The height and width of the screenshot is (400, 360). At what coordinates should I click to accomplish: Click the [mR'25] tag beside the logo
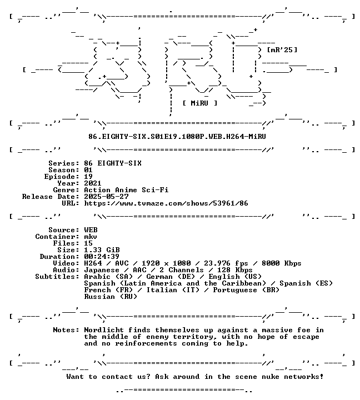[282, 50]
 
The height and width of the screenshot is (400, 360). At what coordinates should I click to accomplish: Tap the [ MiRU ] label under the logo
[200, 103]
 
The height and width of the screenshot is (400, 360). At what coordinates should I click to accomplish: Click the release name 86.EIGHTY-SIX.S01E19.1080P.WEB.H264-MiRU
[177, 137]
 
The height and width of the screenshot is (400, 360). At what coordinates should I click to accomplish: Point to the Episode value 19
[88, 177]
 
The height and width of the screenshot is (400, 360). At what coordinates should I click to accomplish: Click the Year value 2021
[93, 183]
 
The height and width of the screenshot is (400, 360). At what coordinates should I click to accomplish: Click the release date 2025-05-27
[107, 197]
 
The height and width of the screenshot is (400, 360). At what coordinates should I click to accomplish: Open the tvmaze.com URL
[166, 203]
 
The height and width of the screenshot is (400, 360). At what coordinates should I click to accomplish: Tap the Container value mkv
[91, 237]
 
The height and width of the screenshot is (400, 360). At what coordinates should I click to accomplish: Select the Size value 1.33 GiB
[102, 250]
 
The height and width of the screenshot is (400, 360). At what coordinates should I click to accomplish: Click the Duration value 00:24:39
[102, 257]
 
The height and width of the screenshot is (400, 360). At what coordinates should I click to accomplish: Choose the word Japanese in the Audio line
[102, 270]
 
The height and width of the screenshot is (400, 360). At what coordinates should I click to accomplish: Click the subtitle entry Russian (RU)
[111, 297]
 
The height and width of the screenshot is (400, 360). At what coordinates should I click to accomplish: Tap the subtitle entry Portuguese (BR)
[246, 290]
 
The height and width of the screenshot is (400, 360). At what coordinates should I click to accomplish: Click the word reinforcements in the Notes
[146, 343]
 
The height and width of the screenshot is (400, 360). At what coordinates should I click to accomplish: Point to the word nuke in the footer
[271, 377]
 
